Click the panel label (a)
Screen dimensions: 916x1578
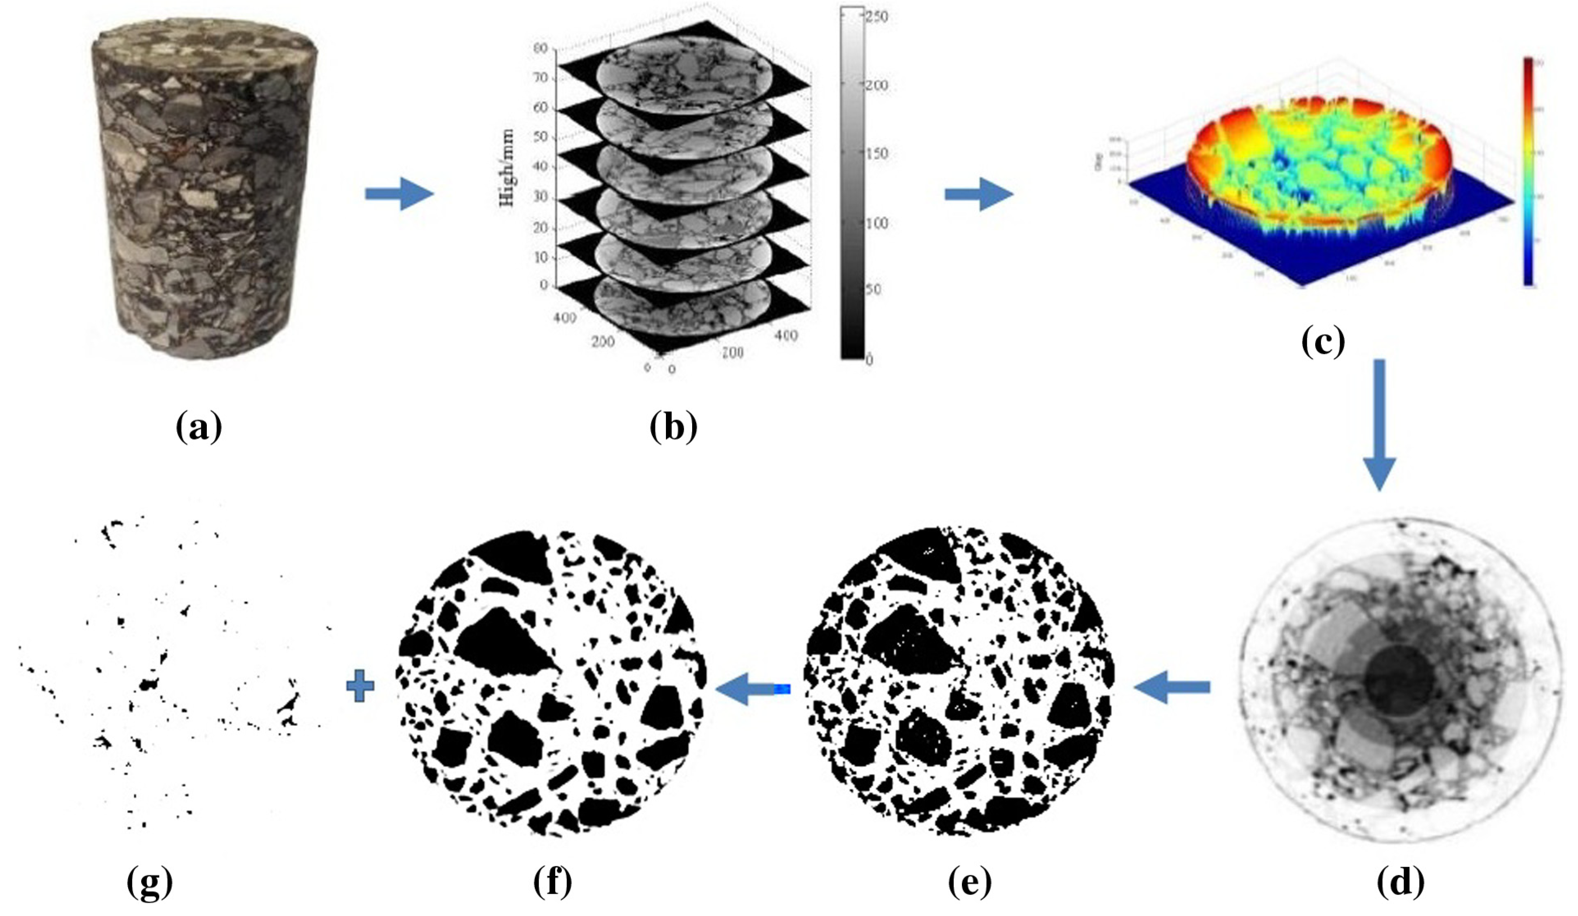click(x=199, y=428)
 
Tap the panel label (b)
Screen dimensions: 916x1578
click(x=673, y=428)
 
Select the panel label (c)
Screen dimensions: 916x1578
click(x=1323, y=342)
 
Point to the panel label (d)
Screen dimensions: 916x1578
click(x=1400, y=883)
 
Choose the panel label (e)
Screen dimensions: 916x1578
click(x=969, y=883)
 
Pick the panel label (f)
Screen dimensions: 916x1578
click(x=552, y=883)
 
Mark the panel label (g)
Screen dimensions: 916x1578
click(x=149, y=883)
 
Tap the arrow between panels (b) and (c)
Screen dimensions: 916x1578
click(x=978, y=194)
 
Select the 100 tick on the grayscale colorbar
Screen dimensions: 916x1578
click(x=877, y=223)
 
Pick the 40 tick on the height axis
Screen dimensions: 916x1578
click(x=540, y=167)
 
